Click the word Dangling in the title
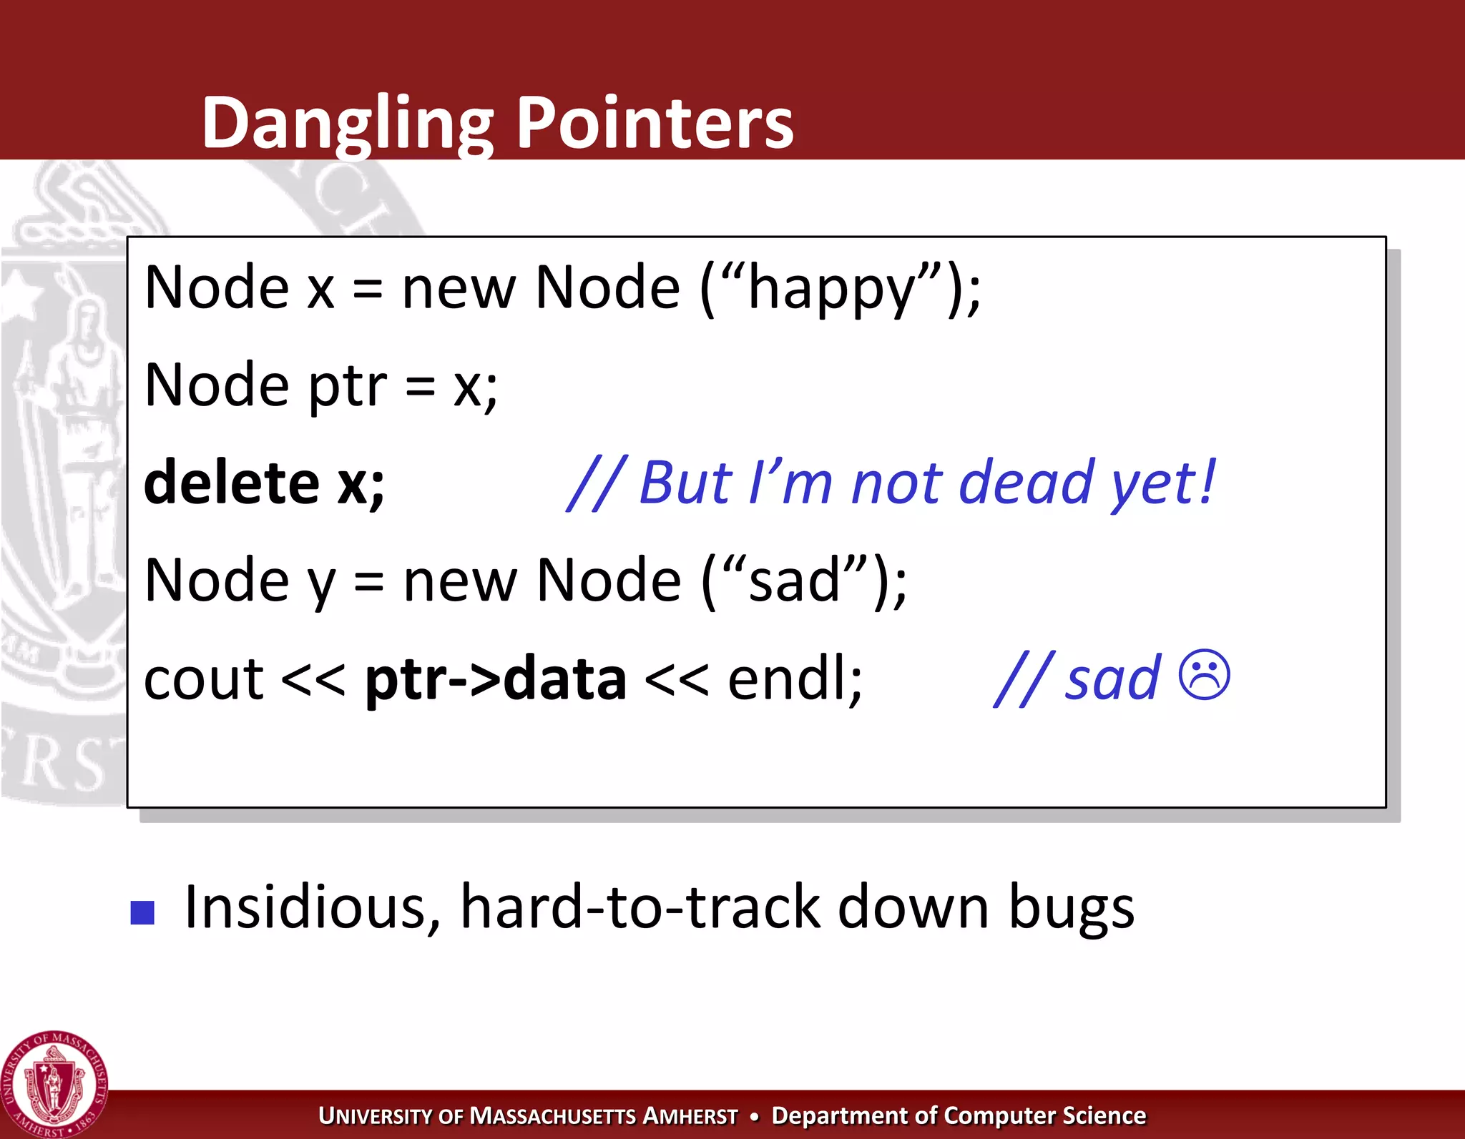pyautogui.click(x=347, y=123)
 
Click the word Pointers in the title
pyautogui.click(x=654, y=123)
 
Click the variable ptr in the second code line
pyautogui.click(x=347, y=387)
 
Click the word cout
pyautogui.click(x=204, y=679)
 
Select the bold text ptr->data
pyautogui.click(x=496, y=679)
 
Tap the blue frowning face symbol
pyautogui.click(x=1204, y=675)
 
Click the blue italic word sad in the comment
pyautogui.click(x=1112, y=679)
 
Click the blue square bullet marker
pyautogui.click(x=143, y=912)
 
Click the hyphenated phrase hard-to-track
pyautogui.click(x=641, y=907)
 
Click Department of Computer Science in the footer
pyautogui.click(x=959, y=1116)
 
